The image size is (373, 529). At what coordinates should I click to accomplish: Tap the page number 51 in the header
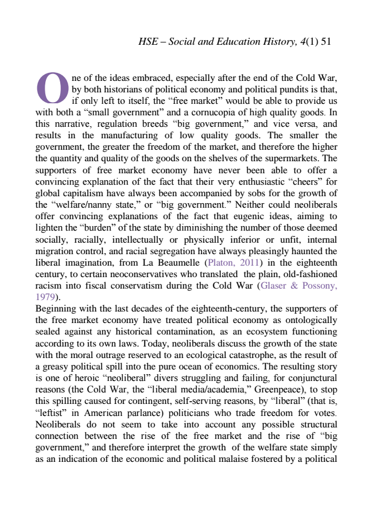(x=327, y=42)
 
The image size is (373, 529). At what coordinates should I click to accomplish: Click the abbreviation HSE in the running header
(x=149, y=42)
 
